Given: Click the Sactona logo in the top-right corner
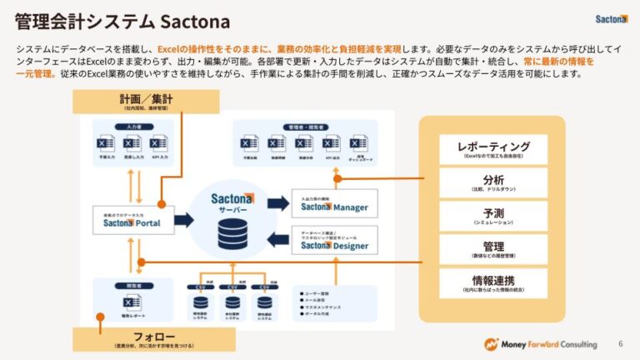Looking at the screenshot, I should click(x=611, y=18).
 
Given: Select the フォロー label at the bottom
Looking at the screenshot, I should click(x=153, y=339).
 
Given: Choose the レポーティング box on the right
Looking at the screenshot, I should click(x=493, y=149).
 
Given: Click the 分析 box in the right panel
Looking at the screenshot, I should click(x=493, y=182).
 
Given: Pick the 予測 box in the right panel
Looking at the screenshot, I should click(x=493, y=216).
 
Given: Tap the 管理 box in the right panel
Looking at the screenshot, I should click(x=493, y=249).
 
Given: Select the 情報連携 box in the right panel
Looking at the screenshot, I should click(x=493, y=282).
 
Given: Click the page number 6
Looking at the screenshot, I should click(x=619, y=343).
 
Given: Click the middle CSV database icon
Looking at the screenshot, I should click(x=232, y=305).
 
